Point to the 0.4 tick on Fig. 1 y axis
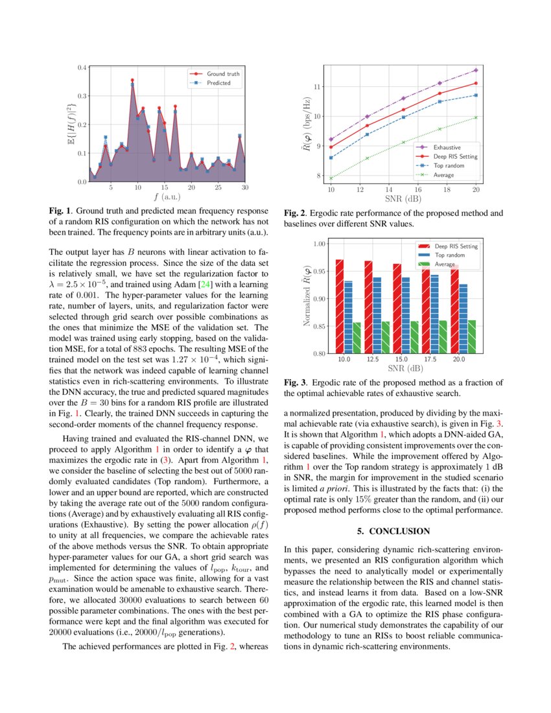pos(82,67)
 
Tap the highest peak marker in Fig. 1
pos(132,80)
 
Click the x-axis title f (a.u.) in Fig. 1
pos(167,196)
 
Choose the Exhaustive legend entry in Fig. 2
pos(447,146)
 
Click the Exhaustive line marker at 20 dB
pos(476,70)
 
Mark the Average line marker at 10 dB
pos(331,178)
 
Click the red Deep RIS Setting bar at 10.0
pos(340,307)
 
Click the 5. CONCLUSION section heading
pos(393,532)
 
